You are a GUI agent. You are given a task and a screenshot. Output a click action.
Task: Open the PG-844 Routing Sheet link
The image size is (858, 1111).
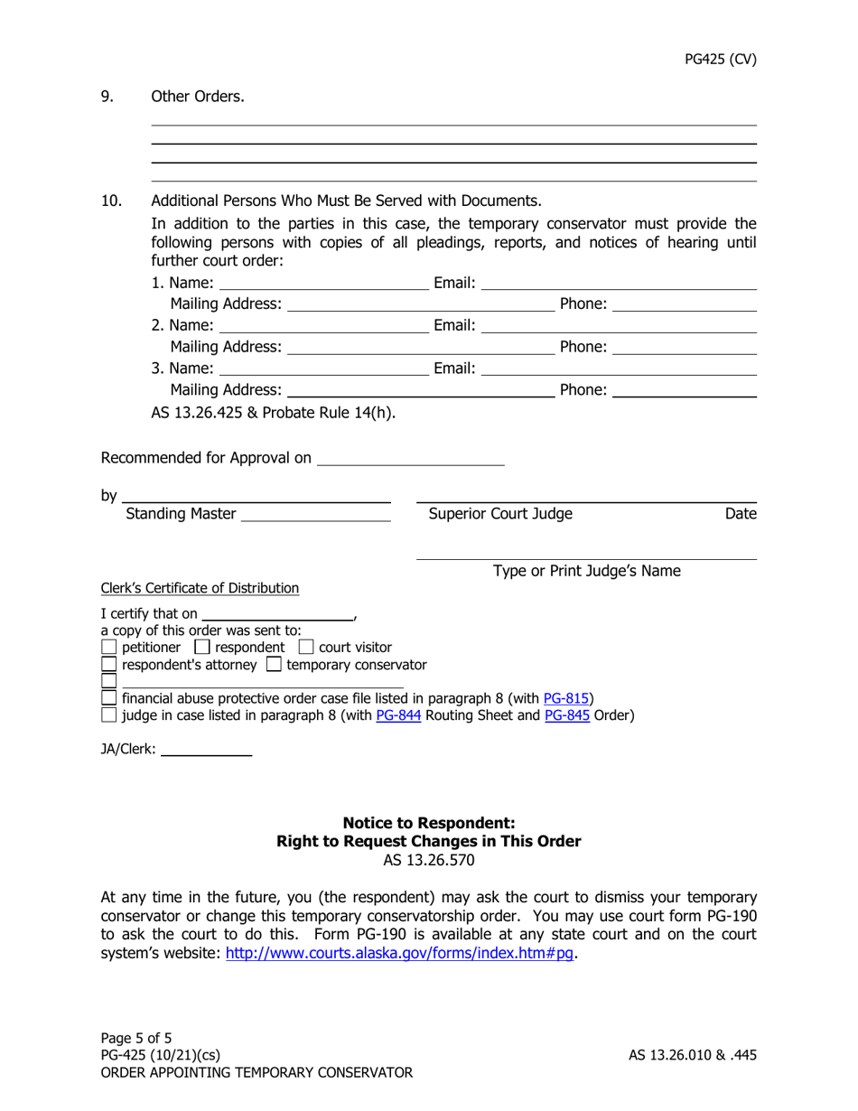[398, 715]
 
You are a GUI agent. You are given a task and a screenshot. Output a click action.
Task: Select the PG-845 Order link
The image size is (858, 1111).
[566, 715]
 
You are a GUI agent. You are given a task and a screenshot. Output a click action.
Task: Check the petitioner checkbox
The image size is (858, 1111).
[108, 648]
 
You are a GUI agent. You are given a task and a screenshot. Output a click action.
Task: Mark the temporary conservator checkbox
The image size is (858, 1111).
[275, 666]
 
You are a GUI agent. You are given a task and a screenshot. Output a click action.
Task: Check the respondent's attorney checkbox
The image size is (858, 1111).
[108, 666]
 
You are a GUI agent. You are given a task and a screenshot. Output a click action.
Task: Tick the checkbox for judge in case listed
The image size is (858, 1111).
[108, 716]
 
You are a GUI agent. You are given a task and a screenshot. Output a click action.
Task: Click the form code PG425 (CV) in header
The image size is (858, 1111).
[720, 60]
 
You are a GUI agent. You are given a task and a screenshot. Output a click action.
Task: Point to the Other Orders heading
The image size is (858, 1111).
[197, 96]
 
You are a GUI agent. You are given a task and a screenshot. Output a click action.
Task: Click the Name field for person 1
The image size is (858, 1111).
[323, 284]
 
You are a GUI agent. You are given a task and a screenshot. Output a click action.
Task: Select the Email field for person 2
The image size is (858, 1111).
[618, 325]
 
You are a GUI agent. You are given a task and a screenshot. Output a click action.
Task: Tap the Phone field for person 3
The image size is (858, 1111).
[684, 390]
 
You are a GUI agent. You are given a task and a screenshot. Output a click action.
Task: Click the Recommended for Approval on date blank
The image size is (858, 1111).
[411, 459]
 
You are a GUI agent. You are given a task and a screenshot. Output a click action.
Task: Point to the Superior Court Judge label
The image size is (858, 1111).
[500, 515]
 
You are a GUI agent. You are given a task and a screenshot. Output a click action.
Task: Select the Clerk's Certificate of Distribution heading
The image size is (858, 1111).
[200, 588]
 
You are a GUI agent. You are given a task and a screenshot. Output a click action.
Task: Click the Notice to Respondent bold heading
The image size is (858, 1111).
[428, 823]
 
